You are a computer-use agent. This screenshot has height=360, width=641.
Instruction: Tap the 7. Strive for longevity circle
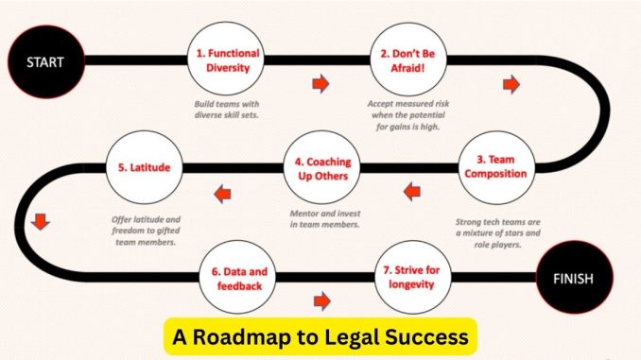[x=411, y=277]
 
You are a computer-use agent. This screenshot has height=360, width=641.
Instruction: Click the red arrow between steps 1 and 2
[x=320, y=84]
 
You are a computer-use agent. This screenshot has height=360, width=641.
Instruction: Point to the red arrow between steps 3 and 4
[x=410, y=193]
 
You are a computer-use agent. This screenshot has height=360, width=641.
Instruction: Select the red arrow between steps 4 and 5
[x=222, y=194]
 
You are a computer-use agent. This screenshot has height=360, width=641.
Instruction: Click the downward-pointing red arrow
[x=40, y=223]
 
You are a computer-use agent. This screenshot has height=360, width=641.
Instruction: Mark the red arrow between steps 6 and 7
[x=321, y=302]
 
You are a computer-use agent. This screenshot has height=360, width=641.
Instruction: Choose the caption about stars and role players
[x=494, y=231]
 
